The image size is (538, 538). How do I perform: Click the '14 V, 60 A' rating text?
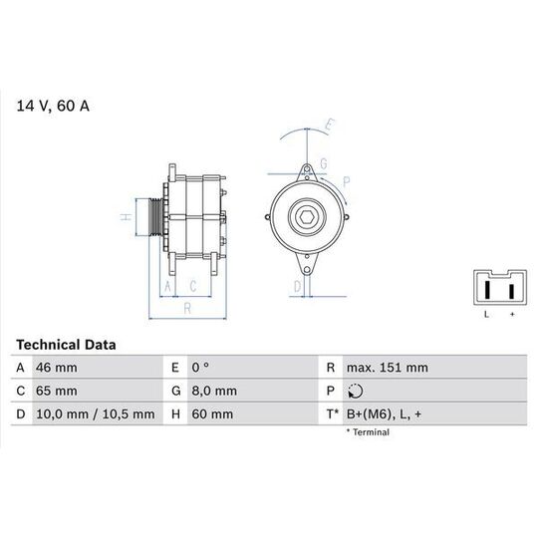coord(53,106)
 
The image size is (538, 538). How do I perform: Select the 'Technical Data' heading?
coord(66,345)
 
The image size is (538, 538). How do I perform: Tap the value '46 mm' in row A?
coord(56,368)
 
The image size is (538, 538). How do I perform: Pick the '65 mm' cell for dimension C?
coord(56,391)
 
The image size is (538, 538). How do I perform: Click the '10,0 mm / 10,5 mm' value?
coord(95,414)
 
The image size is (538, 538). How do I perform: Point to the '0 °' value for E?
coord(200,368)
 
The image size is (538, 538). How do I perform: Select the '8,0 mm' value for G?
coord(214,391)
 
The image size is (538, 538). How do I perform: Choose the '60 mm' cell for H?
coord(212,414)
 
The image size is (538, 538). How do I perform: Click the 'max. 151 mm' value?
coord(387,368)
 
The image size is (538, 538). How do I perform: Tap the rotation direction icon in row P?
coord(355,391)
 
